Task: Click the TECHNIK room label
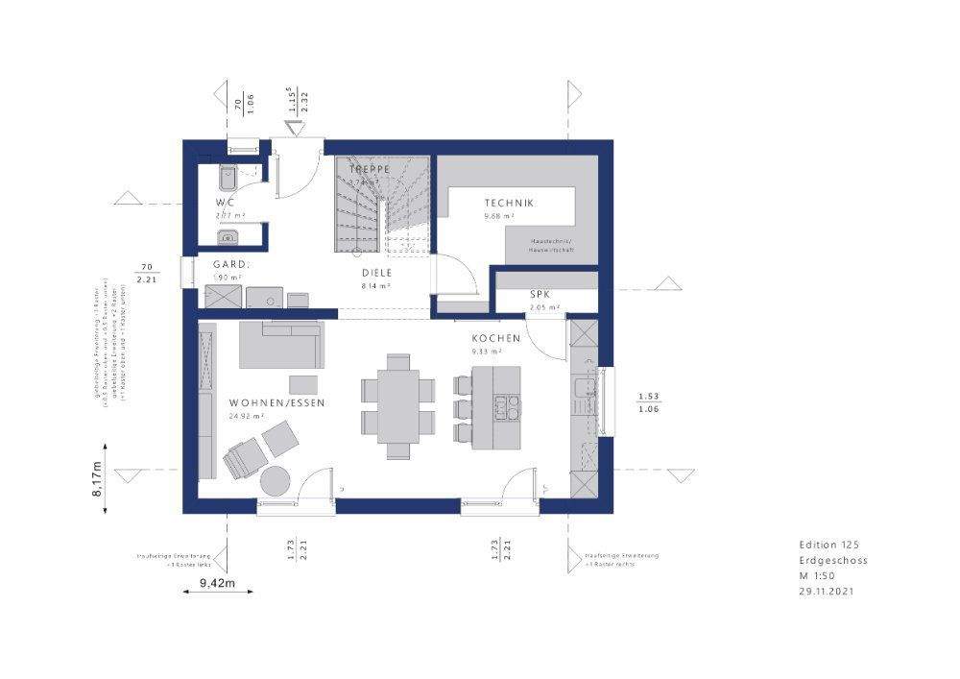pos(509,203)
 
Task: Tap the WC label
pos(224,203)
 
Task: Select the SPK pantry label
pos(540,294)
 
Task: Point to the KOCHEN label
pos(495,338)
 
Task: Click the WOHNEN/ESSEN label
pos(276,402)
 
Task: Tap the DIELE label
pos(375,273)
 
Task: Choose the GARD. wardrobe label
pos(230,264)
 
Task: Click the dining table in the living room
pos(397,402)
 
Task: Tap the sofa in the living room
pos(279,345)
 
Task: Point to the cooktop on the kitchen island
pos(505,407)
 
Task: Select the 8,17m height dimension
pos(97,477)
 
